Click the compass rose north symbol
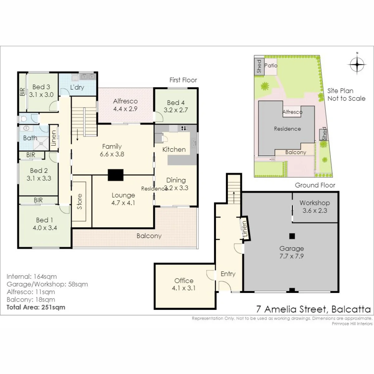[357, 65]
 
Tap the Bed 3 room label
[41, 87]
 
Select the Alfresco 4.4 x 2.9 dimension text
[125, 109]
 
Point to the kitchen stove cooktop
[184, 128]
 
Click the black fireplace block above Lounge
[116, 175]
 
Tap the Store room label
[79, 201]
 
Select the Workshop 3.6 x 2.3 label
[314, 207]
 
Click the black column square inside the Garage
[292, 236]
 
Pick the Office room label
[184, 280]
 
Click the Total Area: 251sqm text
[36, 307]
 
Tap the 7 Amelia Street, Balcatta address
[313, 309]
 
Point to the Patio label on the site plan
[271, 65]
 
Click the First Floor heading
[183, 80]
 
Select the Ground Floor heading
[315, 185]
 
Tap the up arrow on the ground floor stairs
[234, 197]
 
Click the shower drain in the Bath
[41, 144]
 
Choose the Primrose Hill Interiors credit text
[352, 324]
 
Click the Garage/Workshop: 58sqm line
[47, 284]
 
